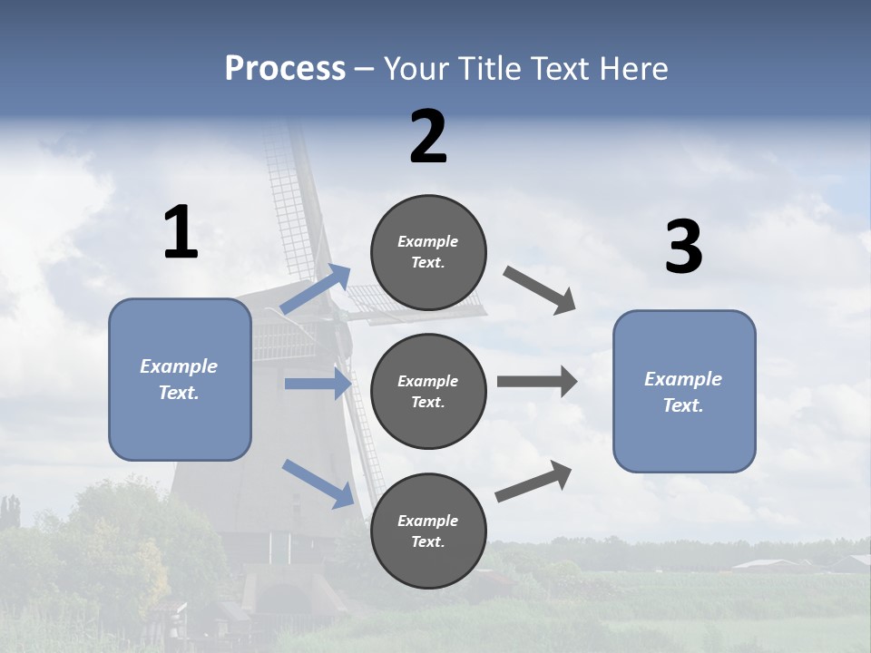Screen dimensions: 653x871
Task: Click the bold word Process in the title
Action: coord(285,69)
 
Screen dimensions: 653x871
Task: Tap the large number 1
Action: coord(181,233)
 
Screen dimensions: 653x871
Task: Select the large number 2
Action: coord(428,137)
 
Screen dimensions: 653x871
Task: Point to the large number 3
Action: coord(683,248)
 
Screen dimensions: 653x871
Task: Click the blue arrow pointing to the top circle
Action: coord(316,289)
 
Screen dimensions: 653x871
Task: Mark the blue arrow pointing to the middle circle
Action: coord(318,384)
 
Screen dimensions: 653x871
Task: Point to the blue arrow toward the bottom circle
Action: coord(318,482)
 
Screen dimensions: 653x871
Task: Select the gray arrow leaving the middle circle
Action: coord(536,381)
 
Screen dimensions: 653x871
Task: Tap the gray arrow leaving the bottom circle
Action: coord(533,481)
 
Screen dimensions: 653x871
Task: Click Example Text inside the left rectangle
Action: coord(180,379)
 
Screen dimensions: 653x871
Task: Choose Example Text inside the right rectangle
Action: coord(684,392)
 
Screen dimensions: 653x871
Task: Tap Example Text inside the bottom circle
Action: coord(428,531)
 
